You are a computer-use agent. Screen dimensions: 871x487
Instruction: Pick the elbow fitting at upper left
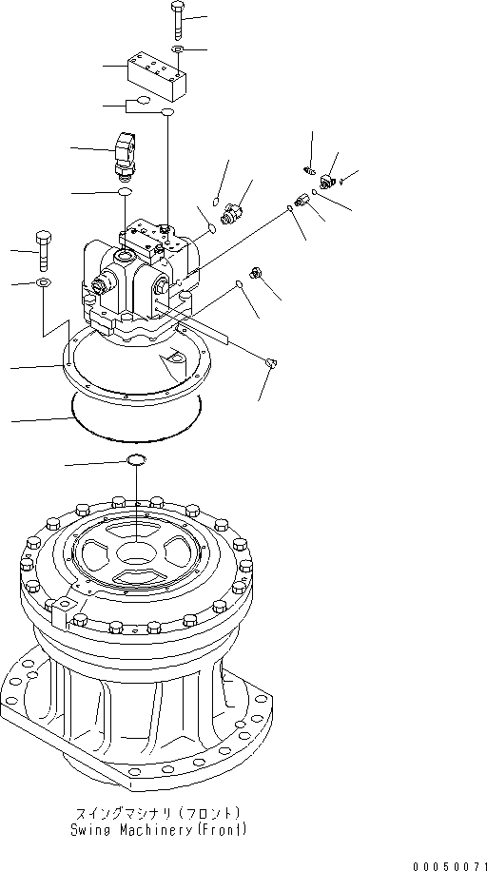tap(125, 152)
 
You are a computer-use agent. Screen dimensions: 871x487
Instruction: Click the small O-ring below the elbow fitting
tap(125, 193)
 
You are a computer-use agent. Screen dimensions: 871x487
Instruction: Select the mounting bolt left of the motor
tap(43, 250)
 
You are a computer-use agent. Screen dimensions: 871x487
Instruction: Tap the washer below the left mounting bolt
tap(44, 283)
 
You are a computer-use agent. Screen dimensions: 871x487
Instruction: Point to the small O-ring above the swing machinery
tap(136, 461)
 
